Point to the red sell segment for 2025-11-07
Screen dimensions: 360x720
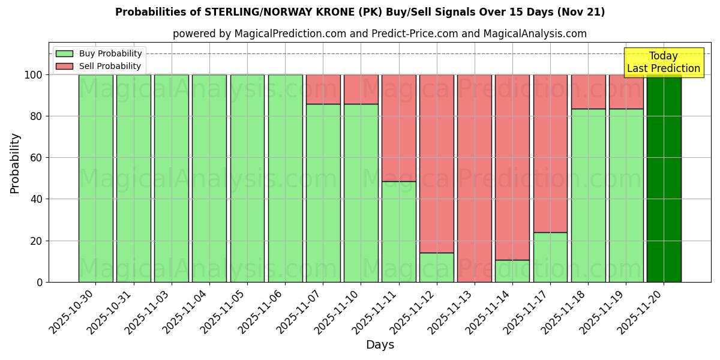point(323,89)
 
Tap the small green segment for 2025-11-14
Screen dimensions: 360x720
point(512,271)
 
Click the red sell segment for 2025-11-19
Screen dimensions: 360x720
point(626,91)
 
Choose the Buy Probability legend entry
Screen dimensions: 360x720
point(99,53)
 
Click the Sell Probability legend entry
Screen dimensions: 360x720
point(99,66)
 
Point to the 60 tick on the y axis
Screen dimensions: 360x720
point(39,158)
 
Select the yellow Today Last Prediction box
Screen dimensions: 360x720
point(663,62)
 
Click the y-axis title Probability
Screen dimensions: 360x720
point(15,163)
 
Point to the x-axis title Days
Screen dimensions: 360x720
point(380,345)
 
